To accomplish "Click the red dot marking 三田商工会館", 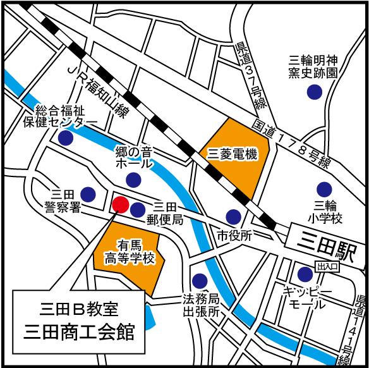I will coord(121,204).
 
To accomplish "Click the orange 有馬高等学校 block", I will coord(129,253).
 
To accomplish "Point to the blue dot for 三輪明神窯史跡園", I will coord(312,92).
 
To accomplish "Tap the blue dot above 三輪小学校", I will coord(324,188).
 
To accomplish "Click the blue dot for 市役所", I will coord(234,216).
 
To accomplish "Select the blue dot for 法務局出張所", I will coord(200,279).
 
